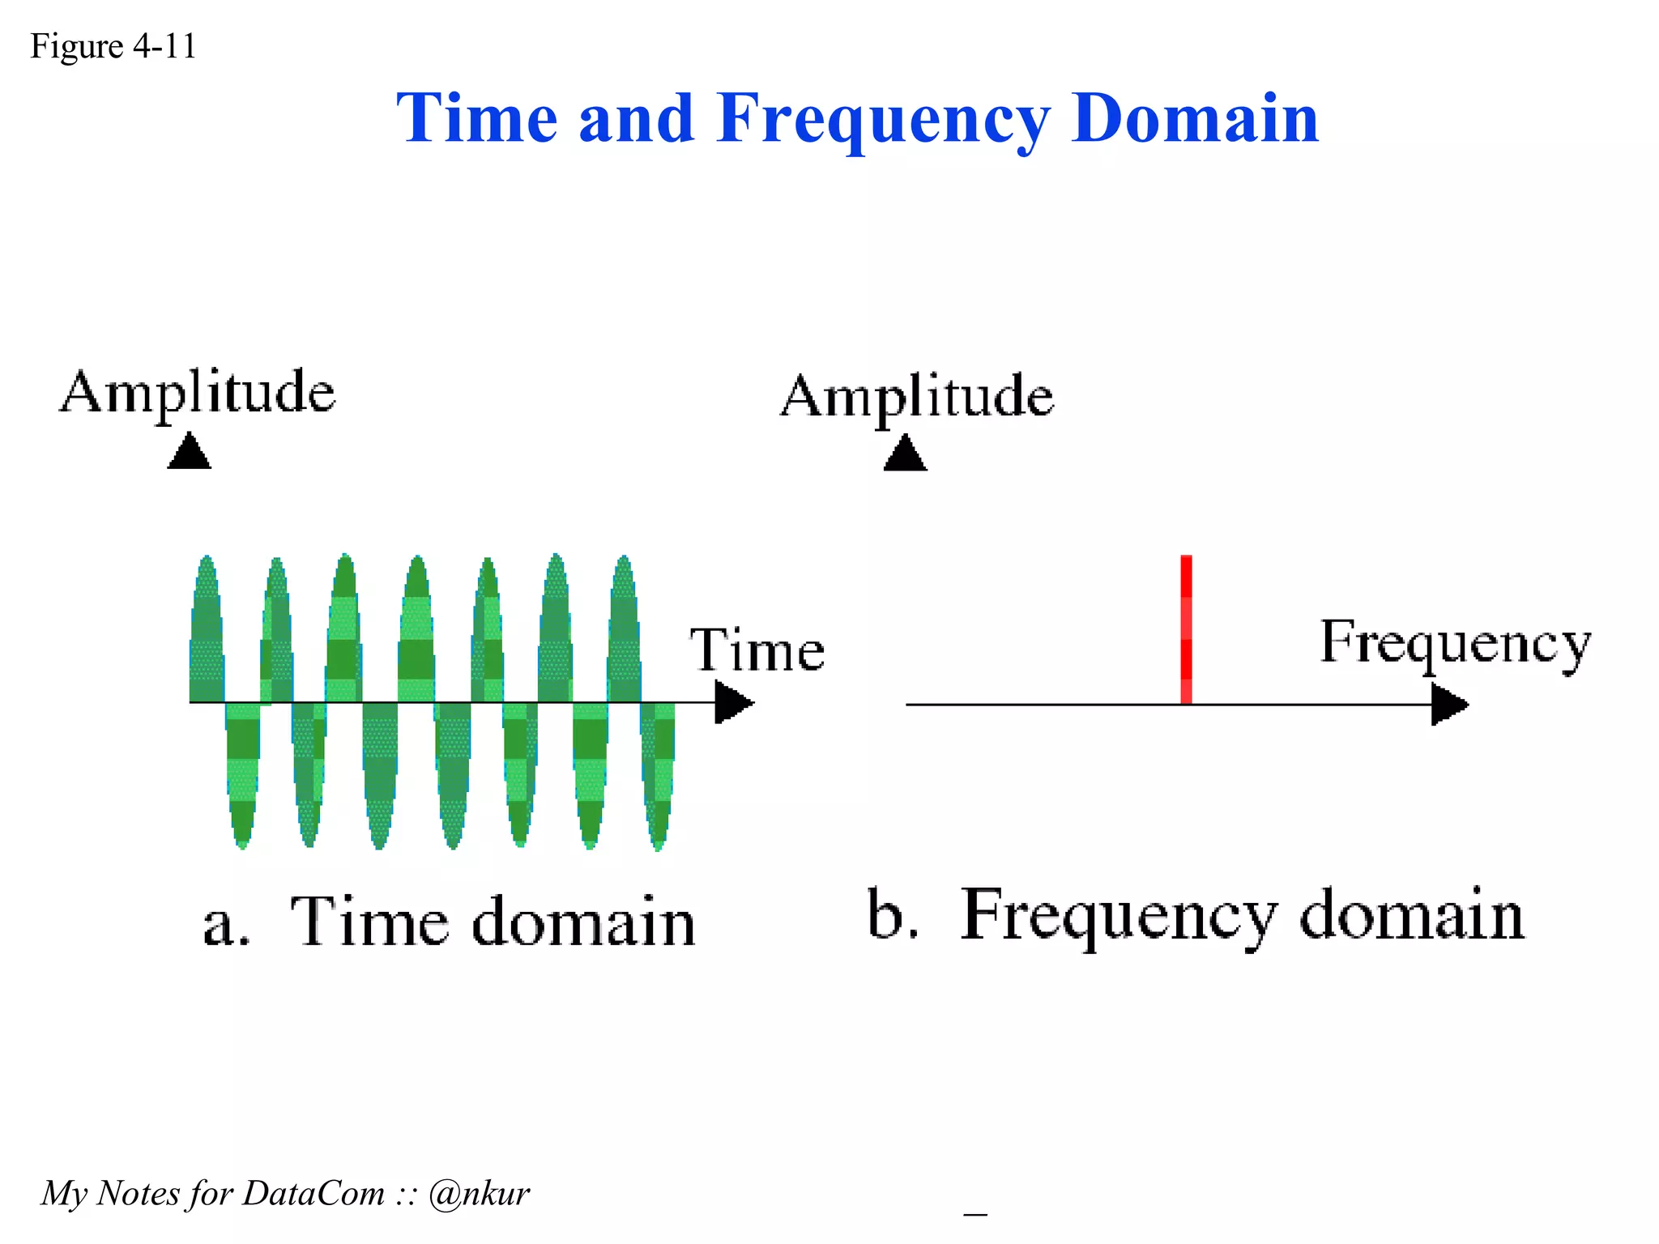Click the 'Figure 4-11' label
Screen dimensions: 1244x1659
(x=113, y=46)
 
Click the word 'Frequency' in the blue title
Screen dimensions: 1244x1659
(x=882, y=119)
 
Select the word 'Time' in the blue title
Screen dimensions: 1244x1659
(x=477, y=119)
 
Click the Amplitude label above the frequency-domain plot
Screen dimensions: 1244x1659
(x=917, y=397)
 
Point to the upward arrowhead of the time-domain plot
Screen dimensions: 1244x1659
(x=190, y=452)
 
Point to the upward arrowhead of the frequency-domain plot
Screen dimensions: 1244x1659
(x=905, y=454)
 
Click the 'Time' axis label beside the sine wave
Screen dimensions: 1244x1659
(x=757, y=650)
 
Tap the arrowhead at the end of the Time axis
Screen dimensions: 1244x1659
(x=733, y=702)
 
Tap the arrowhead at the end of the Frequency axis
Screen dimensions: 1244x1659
(x=1448, y=705)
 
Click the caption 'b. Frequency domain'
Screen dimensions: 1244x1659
(x=1195, y=915)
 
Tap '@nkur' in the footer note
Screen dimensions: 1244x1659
(x=479, y=1194)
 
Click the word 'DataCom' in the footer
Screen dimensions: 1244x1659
(x=313, y=1194)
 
